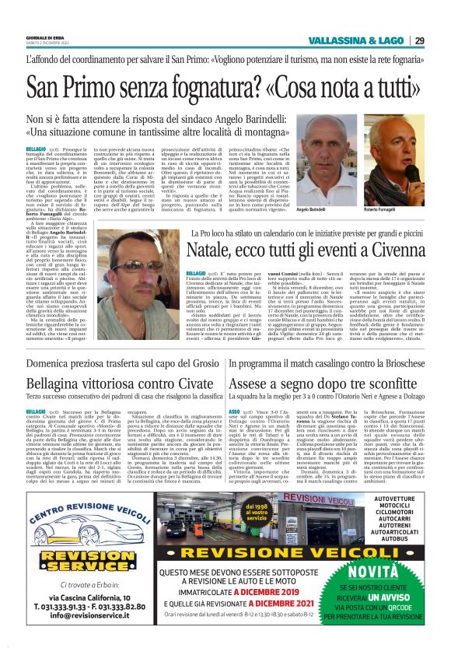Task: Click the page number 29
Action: (419, 40)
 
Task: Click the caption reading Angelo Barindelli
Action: (310, 212)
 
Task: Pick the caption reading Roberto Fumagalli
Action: (381, 212)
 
